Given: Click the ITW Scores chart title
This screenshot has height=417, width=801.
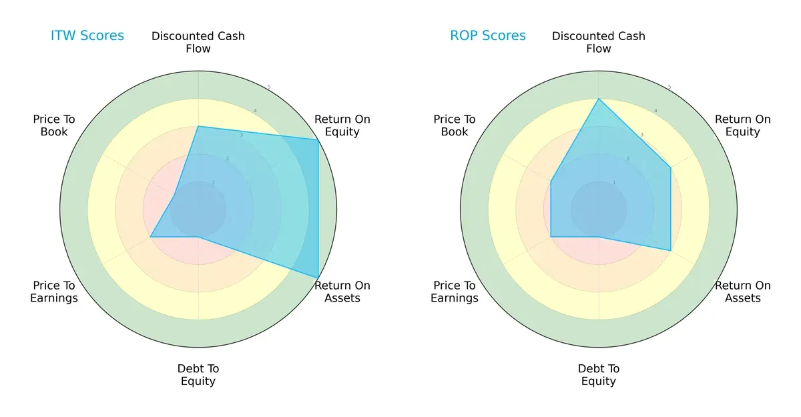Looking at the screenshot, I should click(87, 35).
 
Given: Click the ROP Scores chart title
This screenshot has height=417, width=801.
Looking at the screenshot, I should click(488, 35).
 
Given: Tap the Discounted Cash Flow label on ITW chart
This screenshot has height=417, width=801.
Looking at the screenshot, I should click(198, 42).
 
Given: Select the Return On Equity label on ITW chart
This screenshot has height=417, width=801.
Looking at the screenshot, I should click(342, 125).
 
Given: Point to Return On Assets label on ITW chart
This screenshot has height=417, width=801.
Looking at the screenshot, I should click(342, 292).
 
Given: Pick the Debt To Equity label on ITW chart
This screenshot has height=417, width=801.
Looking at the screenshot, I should click(198, 375).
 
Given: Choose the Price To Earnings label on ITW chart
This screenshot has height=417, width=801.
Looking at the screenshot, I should click(54, 292).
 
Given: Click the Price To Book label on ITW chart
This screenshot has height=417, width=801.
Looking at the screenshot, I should click(54, 125).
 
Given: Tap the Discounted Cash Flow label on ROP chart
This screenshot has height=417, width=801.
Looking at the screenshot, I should click(599, 42).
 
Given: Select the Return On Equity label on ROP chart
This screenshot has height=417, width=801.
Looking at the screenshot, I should click(743, 125).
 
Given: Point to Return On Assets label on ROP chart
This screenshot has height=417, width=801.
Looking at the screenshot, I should click(743, 292).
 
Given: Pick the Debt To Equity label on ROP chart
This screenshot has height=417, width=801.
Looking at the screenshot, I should click(599, 375).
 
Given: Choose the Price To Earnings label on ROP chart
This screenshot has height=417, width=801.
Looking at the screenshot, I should click(455, 292).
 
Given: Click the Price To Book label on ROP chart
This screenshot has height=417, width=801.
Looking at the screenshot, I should click(455, 125).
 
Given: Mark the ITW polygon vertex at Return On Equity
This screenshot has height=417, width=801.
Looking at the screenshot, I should click(318, 139).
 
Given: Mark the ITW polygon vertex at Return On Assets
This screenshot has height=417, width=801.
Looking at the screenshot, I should click(318, 278).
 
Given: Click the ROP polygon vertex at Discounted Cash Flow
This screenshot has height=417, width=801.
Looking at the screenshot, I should click(599, 99).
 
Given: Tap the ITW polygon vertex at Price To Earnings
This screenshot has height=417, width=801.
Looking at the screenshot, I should click(150, 236).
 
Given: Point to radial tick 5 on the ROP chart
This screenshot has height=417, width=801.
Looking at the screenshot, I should click(670, 87).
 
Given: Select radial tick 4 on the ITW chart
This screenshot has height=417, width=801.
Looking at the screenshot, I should click(254, 111).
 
